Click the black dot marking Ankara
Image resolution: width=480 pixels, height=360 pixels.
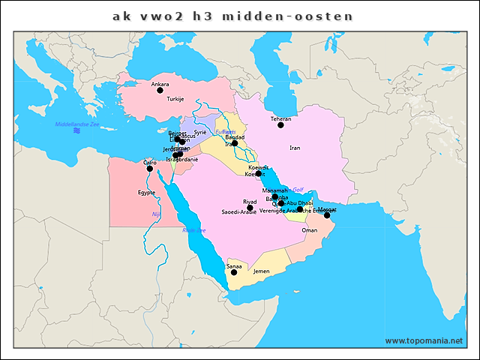click(x=160, y=91)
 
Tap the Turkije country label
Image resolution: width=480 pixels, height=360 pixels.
click(x=175, y=99)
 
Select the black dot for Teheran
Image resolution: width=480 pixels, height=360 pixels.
click(x=281, y=125)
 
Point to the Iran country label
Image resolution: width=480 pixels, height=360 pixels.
click(x=295, y=148)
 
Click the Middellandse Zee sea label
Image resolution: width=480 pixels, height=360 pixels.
click(x=76, y=124)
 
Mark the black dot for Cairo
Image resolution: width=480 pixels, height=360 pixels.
click(x=150, y=169)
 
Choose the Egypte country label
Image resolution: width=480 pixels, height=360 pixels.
click(x=146, y=193)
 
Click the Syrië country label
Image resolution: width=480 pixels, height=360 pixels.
click(x=200, y=132)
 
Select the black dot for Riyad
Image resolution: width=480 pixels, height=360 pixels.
click(x=250, y=208)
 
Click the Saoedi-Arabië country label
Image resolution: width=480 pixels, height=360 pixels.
click(x=239, y=212)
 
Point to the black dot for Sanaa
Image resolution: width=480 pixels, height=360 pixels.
click(x=234, y=272)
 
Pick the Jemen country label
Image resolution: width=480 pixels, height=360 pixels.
click(x=261, y=271)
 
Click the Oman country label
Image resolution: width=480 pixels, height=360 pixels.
click(x=309, y=231)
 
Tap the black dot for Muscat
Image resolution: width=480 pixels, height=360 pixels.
click(x=327, y=215)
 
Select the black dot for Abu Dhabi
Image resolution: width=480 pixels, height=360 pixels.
click(x=300, y=209)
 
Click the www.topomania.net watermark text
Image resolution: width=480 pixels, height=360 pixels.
click(x=424, y=340)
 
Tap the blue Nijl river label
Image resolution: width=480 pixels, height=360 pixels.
click(x=156, y=214)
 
